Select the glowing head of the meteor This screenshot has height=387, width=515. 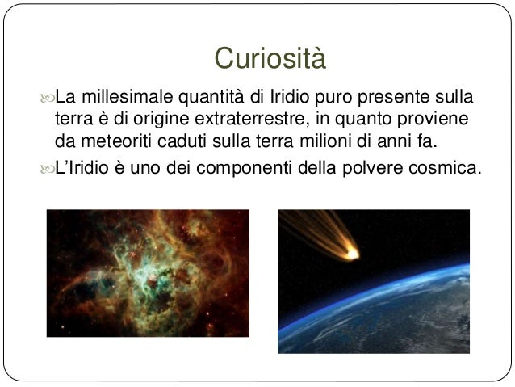(353, 254)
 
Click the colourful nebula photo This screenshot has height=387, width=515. (148, 281)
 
